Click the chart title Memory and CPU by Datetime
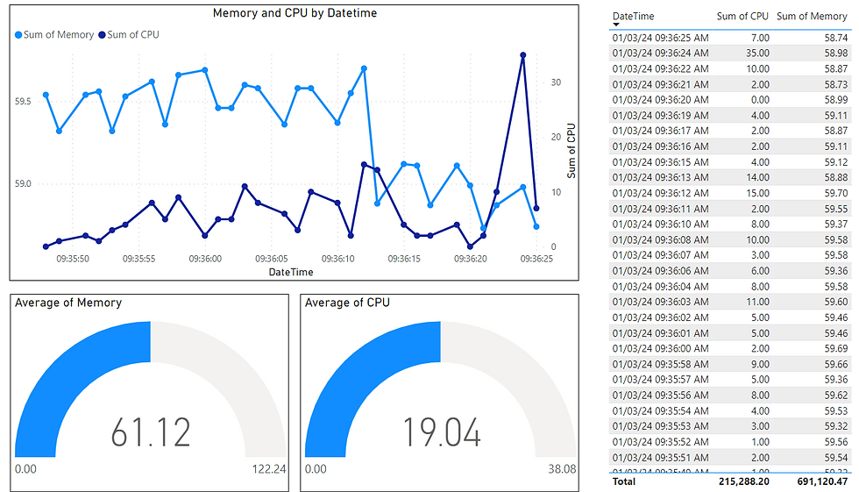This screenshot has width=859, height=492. point(295,14)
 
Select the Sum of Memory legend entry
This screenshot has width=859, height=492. point(56,35)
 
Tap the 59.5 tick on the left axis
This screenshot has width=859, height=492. point(23,102)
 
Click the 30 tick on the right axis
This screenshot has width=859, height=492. point(555,82)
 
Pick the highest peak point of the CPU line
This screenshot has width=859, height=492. point(523,55)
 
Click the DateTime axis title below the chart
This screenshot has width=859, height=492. point(292,272)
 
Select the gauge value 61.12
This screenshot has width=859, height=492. point(151,431)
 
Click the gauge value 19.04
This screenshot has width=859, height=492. point(441,431)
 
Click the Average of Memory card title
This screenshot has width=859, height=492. point(69,303)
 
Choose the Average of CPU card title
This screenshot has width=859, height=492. point(347,303)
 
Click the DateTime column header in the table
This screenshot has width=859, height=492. point(633,17)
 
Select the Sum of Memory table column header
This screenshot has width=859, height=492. point(812,17)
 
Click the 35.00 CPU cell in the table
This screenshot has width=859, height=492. point(757,53)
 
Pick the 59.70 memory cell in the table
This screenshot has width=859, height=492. point(834,193)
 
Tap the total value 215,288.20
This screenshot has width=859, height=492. point(741,481)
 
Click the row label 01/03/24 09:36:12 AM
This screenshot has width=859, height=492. point(660,193)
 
